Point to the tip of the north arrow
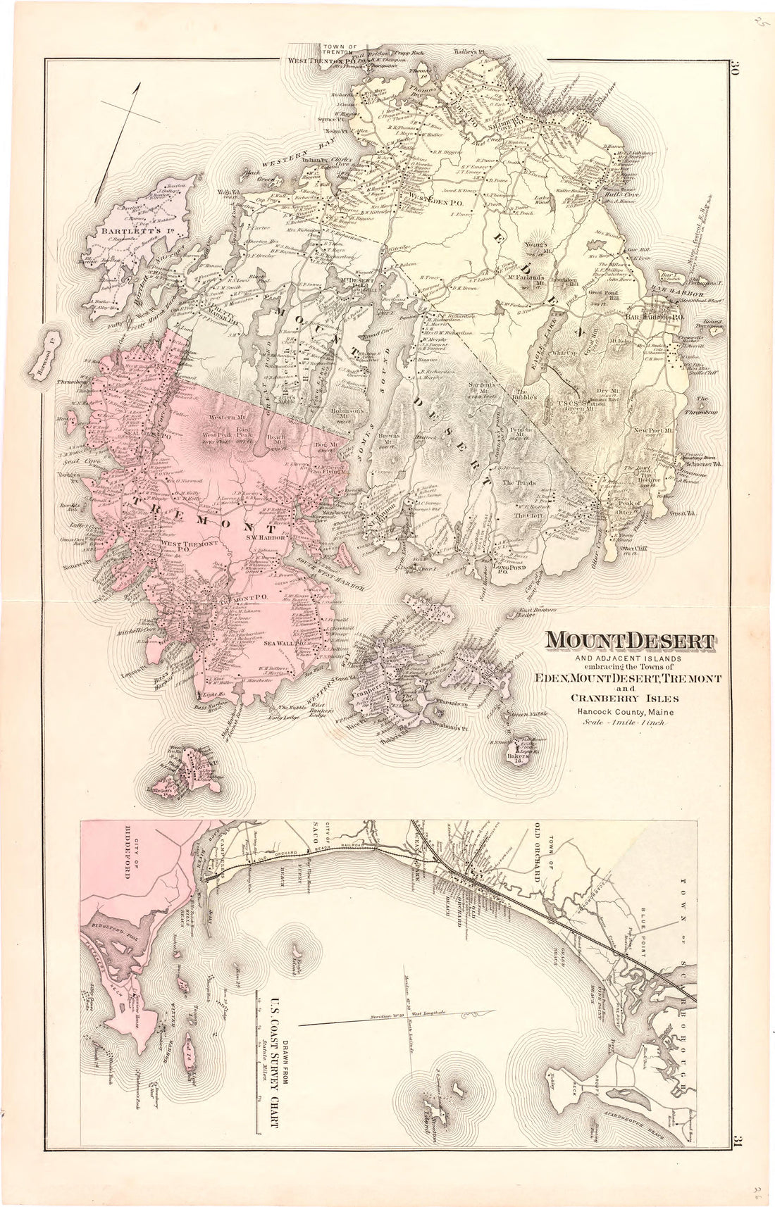tap(140, 83)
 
